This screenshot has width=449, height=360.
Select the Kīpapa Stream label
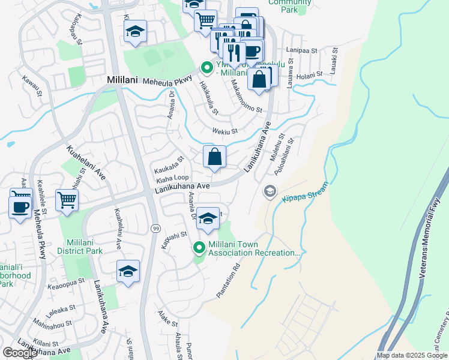point(305,193)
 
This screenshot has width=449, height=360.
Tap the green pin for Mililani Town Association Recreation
point(199,247)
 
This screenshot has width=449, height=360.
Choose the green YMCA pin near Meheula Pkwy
point(207,67)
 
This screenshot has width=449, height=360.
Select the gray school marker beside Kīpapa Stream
point(270,191)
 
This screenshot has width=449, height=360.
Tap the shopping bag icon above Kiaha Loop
point(214,157)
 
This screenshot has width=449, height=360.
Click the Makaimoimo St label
point(246,97)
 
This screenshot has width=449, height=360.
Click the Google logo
point(20,352)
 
